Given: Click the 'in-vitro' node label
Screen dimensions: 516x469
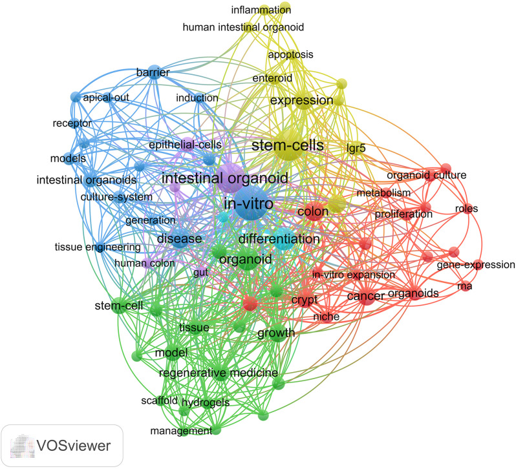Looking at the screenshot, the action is pos(247,204).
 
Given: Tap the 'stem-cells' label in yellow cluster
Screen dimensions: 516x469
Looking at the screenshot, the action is pos(287,145).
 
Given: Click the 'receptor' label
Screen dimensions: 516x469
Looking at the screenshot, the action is pos(72,123).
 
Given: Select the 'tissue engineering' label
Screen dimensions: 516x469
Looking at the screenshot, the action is pos(89,247).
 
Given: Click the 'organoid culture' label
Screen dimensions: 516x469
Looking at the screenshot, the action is pos(426,175).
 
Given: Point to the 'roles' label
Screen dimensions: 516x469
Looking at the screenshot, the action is pos(466,208).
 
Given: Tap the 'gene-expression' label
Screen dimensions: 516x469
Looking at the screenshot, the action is pos(476,264).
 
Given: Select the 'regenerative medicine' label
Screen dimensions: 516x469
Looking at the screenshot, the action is pos(218,373).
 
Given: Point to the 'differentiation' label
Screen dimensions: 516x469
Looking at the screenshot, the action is pos(279,239).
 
